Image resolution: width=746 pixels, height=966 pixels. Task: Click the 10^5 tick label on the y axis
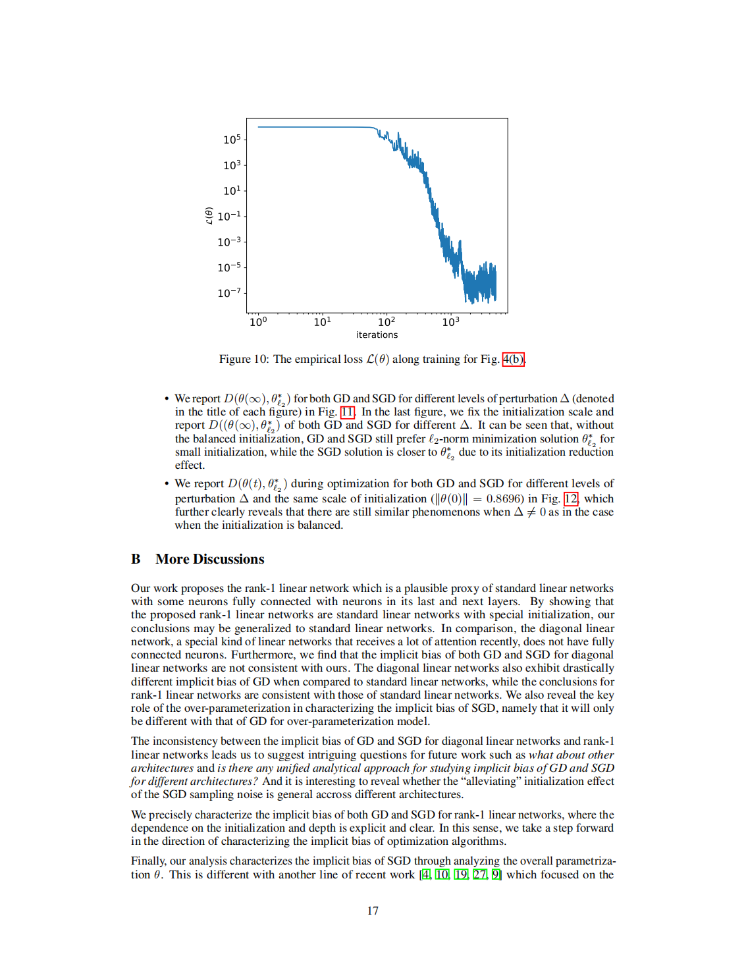232,139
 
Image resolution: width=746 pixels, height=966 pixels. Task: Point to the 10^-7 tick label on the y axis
229,292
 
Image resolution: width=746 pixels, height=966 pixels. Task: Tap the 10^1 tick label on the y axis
232,190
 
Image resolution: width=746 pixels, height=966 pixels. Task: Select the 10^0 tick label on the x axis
258,321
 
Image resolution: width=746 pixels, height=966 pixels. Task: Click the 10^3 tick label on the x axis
450,321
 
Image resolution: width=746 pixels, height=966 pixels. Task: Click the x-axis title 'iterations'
377,335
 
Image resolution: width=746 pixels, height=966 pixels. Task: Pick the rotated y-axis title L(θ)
209,215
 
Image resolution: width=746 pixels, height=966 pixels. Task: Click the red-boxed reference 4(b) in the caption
513,359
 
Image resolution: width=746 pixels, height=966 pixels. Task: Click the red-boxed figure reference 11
347,412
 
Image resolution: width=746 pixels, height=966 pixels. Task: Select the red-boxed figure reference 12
570,498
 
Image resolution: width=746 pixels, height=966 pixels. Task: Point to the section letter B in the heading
136,559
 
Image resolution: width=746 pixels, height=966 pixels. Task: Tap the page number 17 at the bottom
373,911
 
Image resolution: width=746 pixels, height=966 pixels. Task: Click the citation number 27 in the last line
479,874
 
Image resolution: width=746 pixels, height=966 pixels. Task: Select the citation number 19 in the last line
461,874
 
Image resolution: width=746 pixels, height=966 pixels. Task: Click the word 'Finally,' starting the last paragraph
149,861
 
